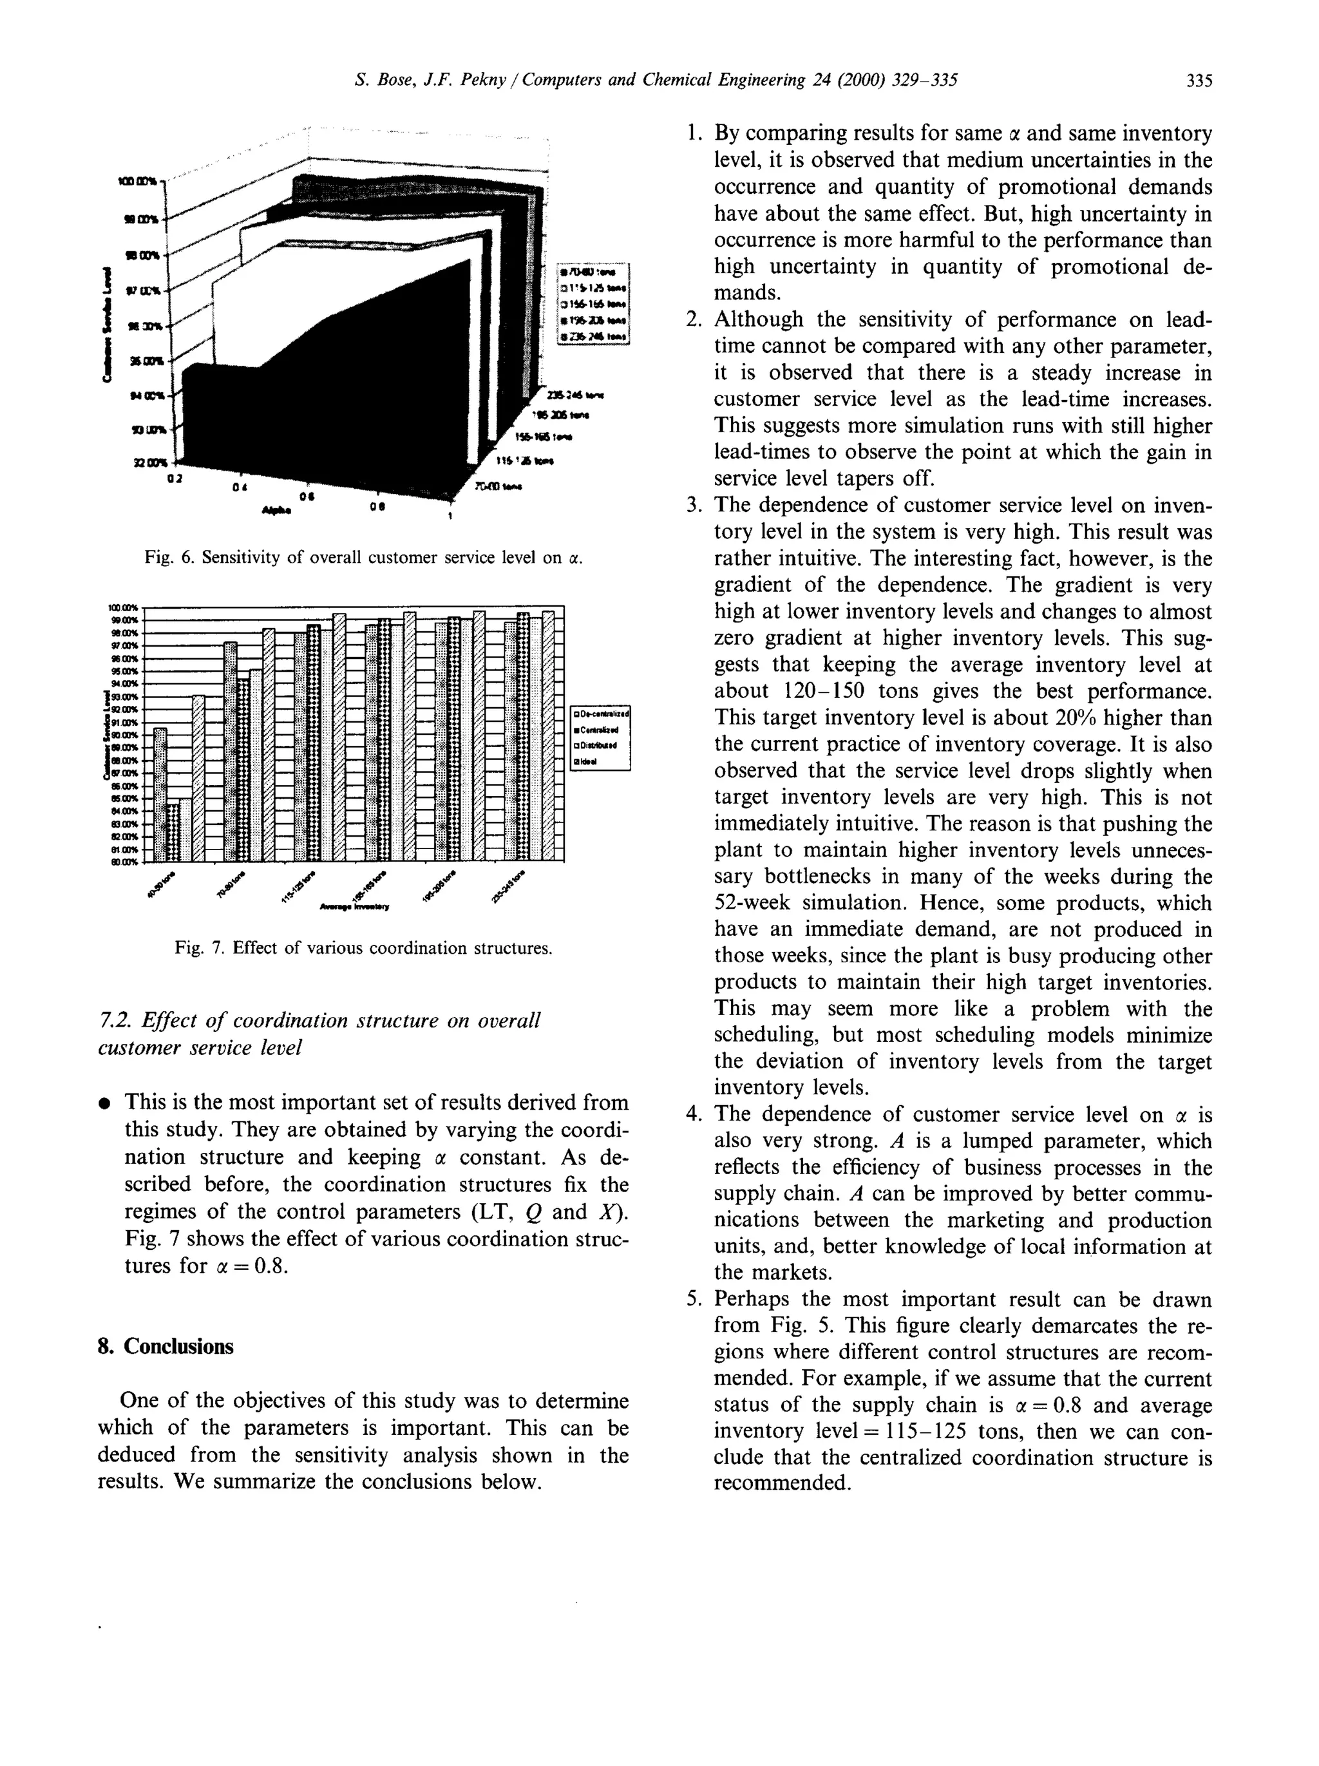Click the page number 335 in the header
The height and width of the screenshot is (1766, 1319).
tap(1199, 80)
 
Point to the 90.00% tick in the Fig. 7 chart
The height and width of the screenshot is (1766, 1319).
tap(124, 734)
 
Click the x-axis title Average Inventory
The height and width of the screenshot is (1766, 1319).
tap(354, 907)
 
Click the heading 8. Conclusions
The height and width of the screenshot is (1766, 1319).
tap(166, 1347)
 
